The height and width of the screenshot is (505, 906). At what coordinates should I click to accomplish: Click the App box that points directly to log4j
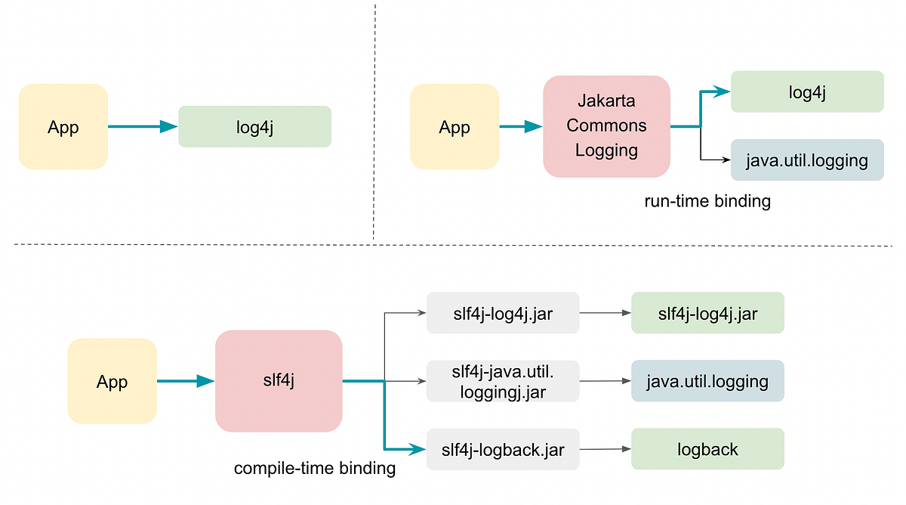pyautogui.click(x=63, y=126)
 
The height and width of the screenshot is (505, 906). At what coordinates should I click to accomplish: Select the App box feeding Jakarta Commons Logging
pyautogui.click(x=454, y=126)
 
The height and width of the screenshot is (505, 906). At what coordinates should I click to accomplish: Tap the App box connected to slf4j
pyautogui.click(x=112, y=381)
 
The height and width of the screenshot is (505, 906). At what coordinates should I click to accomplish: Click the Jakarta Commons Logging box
pyautogui.click(x=606, y=126)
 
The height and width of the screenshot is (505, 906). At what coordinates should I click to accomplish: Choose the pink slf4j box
pyautogui.click(x=279, y=381)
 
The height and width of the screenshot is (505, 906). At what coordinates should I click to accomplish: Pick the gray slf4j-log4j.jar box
pyautogui.click(x=502, y=313)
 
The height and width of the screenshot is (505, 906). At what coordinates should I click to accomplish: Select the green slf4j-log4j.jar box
pyautogui.click(x=707, y=313)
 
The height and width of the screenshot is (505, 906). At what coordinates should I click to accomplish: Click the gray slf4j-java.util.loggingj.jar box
pyautogui.click(x=502, y=381)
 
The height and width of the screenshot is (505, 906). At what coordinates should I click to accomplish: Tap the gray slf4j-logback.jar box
pyautogui.click(x=502, y=449)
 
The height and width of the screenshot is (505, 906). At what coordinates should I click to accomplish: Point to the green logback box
pyautogui.click(x=707, y=449)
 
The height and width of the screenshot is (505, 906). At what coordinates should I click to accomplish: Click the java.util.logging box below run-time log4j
pyautogui.click(x=806, y=160)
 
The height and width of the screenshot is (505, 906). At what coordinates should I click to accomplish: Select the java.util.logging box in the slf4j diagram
pyautogui.click(x=707, y=381)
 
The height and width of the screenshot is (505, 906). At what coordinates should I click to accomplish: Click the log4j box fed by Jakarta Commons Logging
pyautogui.click(x=806, y=91)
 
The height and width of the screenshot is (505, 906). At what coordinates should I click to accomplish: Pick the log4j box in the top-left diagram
pyautogui.click(x=254, y=126)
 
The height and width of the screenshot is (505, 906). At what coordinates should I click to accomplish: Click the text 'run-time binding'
pyautogui.click(x=707, y=202)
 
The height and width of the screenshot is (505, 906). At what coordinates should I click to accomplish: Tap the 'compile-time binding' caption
pyautogui.click(x=314, y=468)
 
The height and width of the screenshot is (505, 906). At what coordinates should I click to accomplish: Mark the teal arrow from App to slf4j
pyautogui.click(x=185, y=381)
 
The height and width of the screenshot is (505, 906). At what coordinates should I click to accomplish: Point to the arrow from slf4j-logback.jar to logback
pyautogui.click(x=604, y=449)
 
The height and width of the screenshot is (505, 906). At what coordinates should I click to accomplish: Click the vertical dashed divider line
pyautogui.click(x=374, y=121)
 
